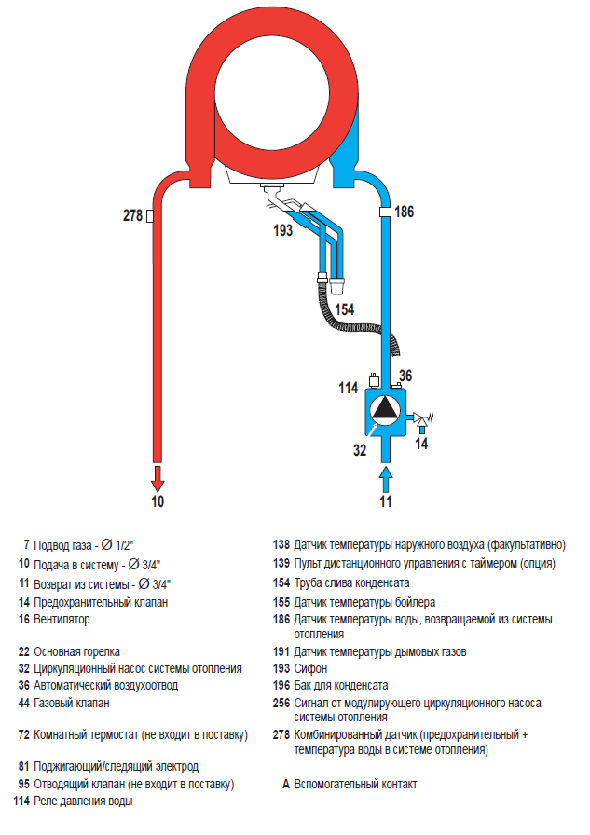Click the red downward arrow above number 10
(x=158, y=479)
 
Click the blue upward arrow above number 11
(x=386, y=479)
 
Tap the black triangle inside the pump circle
(x=385, y=409)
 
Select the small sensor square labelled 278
(x=150, y=215)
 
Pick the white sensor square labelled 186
(x=385, y=212)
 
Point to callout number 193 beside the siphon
(x=282, y=230)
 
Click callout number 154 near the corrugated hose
(x=345, y=309)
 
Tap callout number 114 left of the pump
(x=349, y=388)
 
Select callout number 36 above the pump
(x=405, y=376)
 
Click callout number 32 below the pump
(x=360, y=450)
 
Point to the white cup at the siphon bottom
(x=337, y=285)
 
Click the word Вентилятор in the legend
(x=62, y=620)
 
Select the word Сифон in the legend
(x=310, y=669)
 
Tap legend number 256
(x=281, y=703)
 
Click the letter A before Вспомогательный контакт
(x=286, y=785)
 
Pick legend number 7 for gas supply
(x=26, y=545)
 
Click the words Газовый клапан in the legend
(x=72, y=703)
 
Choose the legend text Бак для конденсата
(x=341, y=685)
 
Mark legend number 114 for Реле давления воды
(x=21, y=801)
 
